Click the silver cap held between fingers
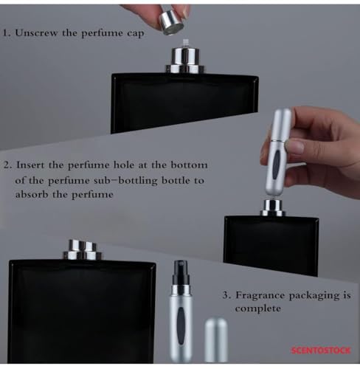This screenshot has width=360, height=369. coord(171,23)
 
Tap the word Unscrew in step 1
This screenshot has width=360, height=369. coord(35,33)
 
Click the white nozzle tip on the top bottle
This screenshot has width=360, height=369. coord(185,44)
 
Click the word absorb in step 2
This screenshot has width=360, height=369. coord(32,194)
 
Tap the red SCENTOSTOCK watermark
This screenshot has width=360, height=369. coord(321,350)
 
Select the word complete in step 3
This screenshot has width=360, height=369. coord(257,309)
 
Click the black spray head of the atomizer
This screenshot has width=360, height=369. coord(181,273)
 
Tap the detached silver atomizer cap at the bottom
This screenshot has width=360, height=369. coord(216,340)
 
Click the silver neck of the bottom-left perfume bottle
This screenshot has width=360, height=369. coord(83,250)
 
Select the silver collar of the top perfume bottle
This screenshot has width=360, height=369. coord(185,61)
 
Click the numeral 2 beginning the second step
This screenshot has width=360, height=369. coord(7,165)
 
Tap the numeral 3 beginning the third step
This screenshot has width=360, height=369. coord(226,295)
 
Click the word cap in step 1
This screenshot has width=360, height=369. coord(135,33)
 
